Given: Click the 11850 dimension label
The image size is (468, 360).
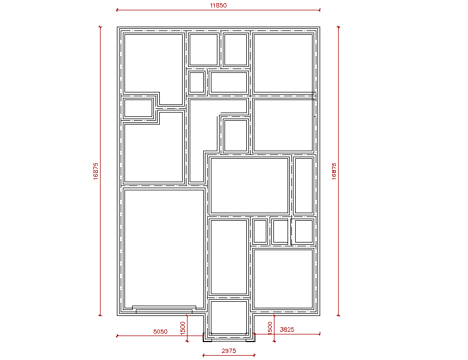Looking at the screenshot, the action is pyautogui.click(x=218, y=5).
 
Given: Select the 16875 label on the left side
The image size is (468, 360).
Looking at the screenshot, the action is pyautogui.click(x=96, y=171).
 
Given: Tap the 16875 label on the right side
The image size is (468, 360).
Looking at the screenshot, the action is pyautogui.click(x=334, y=171).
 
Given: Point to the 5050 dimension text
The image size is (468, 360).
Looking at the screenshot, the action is pyautogui.click(x=160, y=331).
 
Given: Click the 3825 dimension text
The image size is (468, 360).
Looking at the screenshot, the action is pyautogui.click(x=287, y=330).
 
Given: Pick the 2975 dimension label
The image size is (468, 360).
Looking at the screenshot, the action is pyautogui.click(x=229, y=351).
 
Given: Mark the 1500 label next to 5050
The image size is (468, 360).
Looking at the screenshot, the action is pyautogui.click(x=183, y=328).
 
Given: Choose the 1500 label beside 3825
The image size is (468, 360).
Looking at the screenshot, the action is pyautogui.click(x=270, y=328).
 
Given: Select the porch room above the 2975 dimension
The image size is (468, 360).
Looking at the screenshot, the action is pyautogui.click(x=229, y=318).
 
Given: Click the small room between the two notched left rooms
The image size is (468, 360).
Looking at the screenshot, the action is pyautogui.click(x=138, y=108).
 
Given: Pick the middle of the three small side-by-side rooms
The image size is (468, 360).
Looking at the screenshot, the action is pyautogui.click(x=280, y=231).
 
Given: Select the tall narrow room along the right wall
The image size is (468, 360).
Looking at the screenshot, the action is pyautogui.click(x=304, y=185).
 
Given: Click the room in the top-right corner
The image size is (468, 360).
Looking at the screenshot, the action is pyautogui.click(x=283, y=63).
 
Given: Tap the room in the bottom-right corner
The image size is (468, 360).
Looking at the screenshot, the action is pyautogui.click(x=283, y=279).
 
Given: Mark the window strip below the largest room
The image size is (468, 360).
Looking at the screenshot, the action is pyautogui.click(x=164, y=309).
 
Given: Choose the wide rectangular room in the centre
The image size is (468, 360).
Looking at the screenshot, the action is pyautogui.click(x=249, y=185).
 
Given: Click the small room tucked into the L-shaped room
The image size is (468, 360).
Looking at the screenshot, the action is pyautogui.click(x=235, y=136).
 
